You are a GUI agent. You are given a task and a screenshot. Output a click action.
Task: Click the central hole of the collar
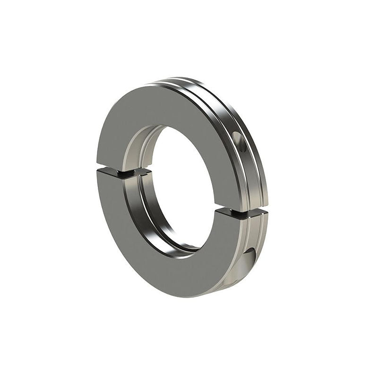tap(182, 189)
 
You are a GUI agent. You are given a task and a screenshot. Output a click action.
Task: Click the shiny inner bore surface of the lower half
tap(142, 213)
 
